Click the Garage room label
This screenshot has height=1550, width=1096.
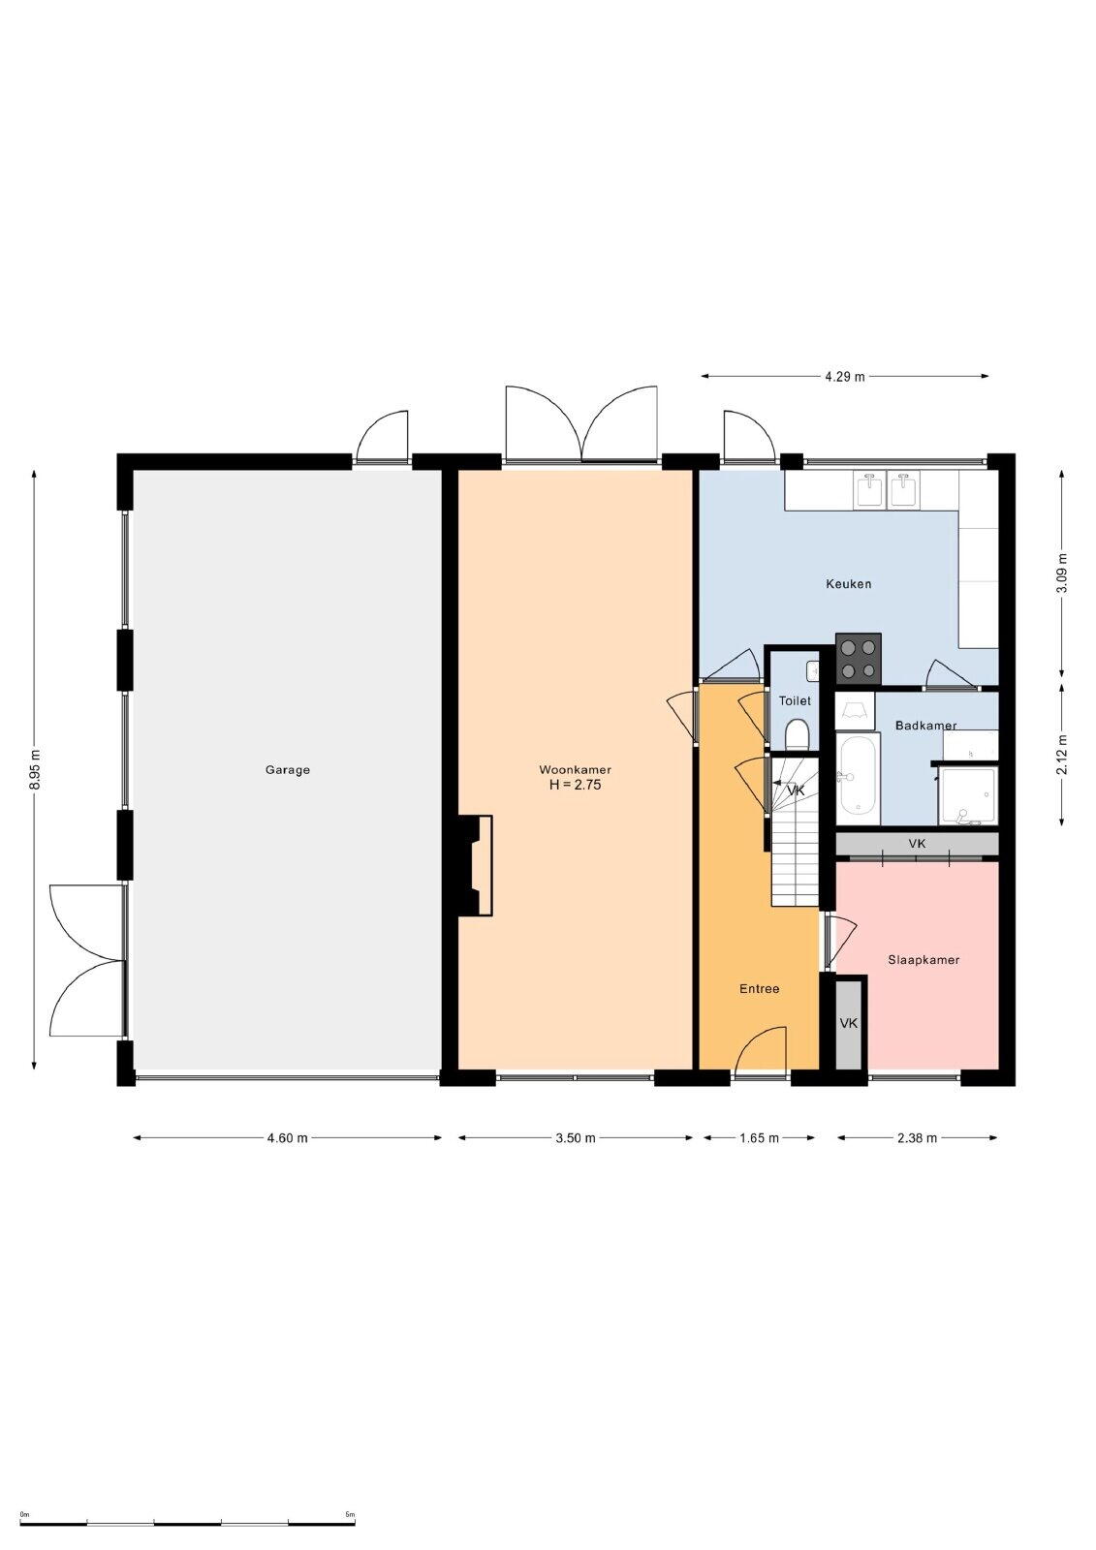(288, 769)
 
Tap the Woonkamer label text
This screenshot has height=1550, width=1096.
(576, 769)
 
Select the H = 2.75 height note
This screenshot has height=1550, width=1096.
(576, 785)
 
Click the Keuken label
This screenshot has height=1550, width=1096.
(848, 583)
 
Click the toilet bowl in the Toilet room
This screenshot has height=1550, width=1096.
(798, 734)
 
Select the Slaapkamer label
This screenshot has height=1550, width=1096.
(924, 960)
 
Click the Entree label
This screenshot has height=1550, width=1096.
(760, 989)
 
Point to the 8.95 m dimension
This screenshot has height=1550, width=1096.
(36, 769)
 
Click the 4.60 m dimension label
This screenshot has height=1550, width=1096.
(288, 1137)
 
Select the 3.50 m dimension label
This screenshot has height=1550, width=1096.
(576, 1137)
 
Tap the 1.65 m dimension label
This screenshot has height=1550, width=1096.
(760, 1137)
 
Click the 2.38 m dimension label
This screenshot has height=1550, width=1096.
(918, 1137)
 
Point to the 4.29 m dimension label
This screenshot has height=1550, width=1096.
(845, 377)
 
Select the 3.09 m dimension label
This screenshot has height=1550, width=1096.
(1063, 573)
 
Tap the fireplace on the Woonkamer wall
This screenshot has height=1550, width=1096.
(475, 866)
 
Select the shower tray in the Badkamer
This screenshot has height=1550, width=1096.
(968, 795)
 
